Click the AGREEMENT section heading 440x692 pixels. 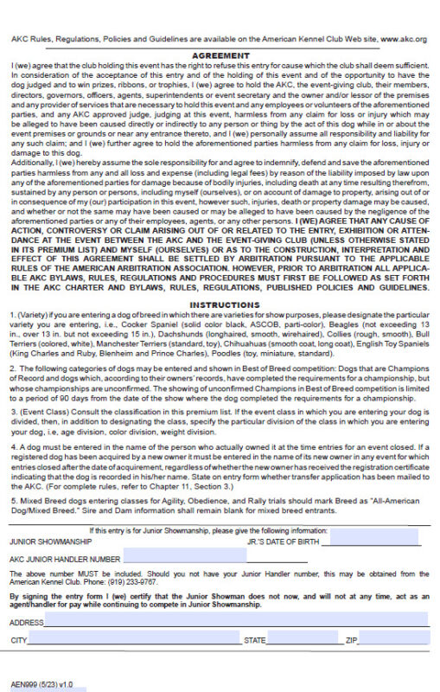click(220, 55)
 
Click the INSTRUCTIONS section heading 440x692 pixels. click(220, 304)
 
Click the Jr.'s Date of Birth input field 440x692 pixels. click(378, 542)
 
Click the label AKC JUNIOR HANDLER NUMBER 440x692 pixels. click(65, 560)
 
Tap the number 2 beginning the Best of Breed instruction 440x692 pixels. click(13, 367)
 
